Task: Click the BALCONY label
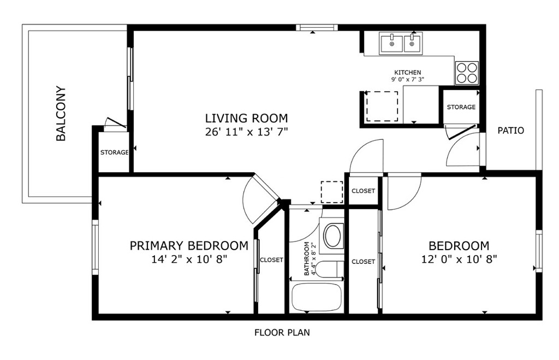point(61,114)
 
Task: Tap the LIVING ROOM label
point(246,118)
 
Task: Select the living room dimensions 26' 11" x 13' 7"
point(246,132)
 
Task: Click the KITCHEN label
point(407,73)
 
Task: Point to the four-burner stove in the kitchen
point(467,73)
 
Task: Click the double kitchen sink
point(401,43)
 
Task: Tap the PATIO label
point(511,131)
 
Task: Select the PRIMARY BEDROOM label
point(189,246)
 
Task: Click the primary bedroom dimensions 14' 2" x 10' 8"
point(189,259)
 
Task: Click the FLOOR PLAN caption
point(282,333)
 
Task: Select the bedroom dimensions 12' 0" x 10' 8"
point(459,259)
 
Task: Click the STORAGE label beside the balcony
point(114,153)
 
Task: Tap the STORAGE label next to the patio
point(461,107)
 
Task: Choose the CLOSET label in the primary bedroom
point(271,260)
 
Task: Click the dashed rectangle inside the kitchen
point(382,106)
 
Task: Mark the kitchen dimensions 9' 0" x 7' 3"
point(407,80)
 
